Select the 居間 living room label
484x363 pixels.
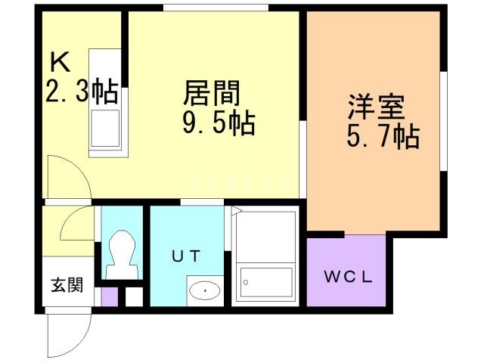(212, 95)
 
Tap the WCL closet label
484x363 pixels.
(348, 276)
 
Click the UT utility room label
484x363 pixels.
(185, 256)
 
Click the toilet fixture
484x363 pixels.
(123, 254)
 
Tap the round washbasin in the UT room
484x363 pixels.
(203, 289)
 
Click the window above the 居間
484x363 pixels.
(216, 9)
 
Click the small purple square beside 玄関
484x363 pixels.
(109, 296)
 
